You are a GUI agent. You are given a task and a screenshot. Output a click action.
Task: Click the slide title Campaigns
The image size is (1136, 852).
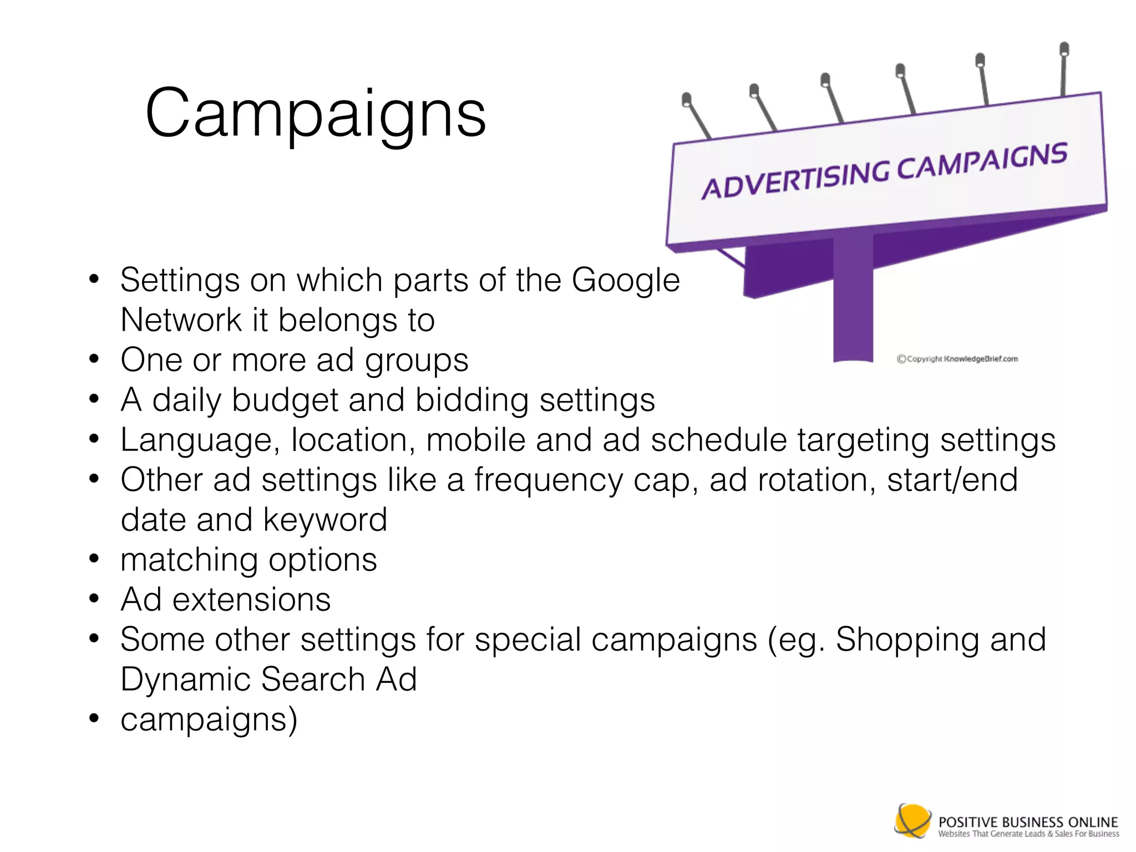point(315,114)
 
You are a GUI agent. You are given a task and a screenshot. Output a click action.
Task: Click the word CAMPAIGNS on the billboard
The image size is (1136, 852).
point(982,160)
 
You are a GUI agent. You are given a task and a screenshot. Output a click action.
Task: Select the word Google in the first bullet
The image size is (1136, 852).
point(625,280)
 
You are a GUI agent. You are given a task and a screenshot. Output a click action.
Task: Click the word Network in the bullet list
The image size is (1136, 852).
point(181,320)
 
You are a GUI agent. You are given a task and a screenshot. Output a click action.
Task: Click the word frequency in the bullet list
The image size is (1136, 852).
point(548,481)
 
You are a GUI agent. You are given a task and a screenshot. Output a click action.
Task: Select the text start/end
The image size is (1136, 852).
point(952,480)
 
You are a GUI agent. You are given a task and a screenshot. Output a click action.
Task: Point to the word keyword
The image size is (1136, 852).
point(324,520)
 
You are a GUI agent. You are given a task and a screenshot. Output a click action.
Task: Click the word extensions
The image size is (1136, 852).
point(251,600)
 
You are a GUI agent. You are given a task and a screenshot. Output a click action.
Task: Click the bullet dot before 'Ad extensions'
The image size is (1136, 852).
point(94,599)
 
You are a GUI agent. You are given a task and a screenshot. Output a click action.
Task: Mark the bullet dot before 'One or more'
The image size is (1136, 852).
point(94,359)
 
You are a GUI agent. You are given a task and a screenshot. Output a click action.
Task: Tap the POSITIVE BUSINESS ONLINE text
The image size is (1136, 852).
point(1028,821)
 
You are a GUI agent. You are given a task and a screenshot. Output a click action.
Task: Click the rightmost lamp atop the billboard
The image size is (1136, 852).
point(1064,49)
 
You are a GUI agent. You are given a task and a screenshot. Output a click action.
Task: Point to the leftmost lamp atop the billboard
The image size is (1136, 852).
point(686,100)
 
